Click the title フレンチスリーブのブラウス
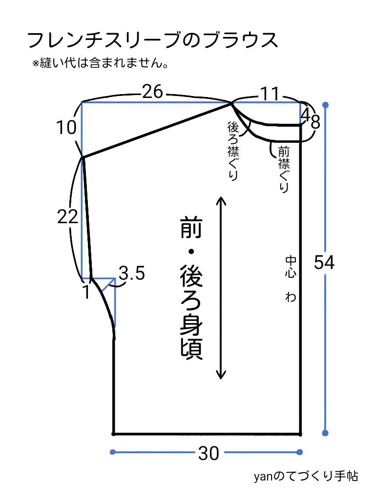153,41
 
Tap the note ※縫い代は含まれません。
100,64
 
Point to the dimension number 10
66,128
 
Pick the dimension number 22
67,217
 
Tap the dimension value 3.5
132,274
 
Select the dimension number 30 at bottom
208,454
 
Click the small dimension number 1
86,293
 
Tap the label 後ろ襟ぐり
233,151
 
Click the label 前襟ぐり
283,168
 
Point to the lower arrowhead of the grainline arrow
221,376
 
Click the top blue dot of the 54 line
326,105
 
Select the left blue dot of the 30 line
113,452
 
